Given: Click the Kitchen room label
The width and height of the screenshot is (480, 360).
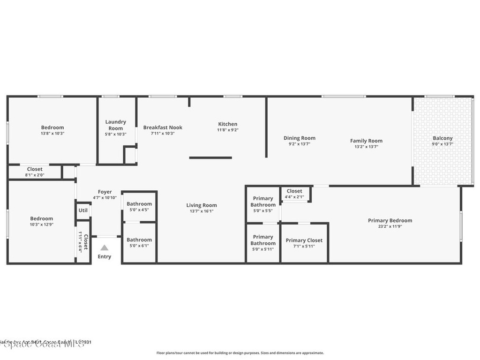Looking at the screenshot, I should click(227, 124).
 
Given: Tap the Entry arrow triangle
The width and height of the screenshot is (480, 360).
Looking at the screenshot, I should click(105, 247).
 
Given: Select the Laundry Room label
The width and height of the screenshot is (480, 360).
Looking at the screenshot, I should click(115, 125).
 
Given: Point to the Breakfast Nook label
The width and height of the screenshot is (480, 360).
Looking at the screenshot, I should click(163, 127).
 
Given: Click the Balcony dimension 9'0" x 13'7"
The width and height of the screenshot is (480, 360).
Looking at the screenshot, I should click(442, 144).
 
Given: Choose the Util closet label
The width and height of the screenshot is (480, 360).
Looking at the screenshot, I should click(83, 210).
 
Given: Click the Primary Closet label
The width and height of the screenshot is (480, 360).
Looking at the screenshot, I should click(304, 240).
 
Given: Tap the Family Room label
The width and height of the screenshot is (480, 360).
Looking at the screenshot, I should click(366, 141).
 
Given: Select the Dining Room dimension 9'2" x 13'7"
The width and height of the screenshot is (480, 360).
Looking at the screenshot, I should click(299, 144).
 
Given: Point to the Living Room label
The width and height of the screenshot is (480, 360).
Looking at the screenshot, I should click(202, 205).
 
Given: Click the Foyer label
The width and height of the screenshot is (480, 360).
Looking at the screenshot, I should click(105, 192).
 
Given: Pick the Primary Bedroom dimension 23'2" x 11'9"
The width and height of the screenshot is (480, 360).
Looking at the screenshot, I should click(390, 226).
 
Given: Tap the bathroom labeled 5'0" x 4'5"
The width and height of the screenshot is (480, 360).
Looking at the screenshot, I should click(139, 207).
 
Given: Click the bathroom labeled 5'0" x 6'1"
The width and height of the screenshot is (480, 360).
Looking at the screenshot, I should click(139, 242).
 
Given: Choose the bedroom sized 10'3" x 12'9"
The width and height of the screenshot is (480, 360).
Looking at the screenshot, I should click(42, 221).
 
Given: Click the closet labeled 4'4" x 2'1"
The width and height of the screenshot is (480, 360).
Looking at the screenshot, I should click(294, 194).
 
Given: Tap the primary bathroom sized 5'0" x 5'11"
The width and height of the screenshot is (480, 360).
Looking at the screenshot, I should click(263, 243).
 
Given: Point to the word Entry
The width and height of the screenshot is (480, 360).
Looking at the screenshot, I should click(105, 256).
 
